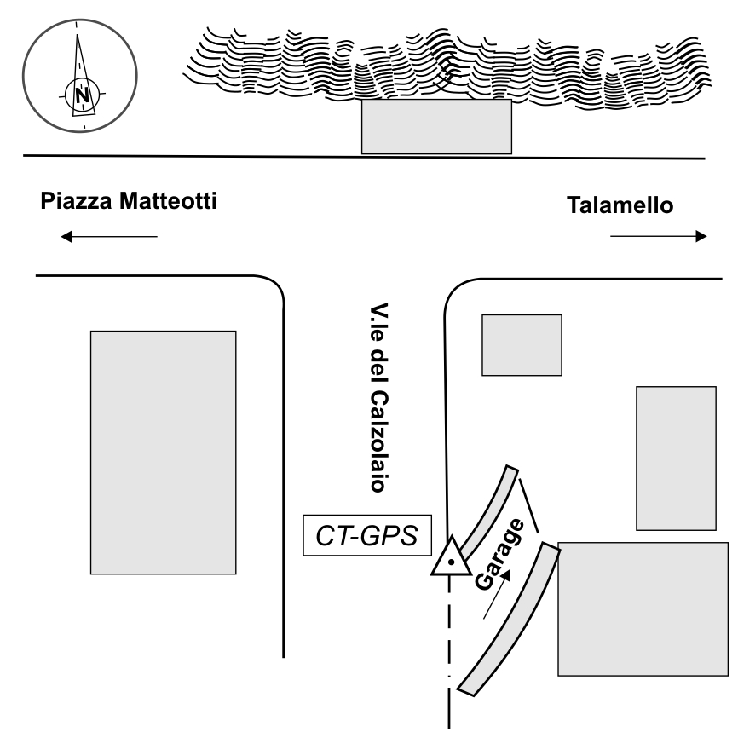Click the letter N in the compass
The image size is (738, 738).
pyautogui.click(x=83, y=95)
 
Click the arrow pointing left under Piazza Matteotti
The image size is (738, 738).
pyautogui.click(x=109, y=237)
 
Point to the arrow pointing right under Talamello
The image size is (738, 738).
pyautogui.click(x=659, y=236)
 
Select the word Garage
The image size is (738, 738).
pyautogui.click(x=500, y=558)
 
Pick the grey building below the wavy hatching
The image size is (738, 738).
pyautogui.click(x=436, y=126)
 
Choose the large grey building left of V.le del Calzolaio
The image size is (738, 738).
pyautogui.click(x=163, y=452)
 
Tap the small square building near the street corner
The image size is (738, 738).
pyautogui.click(x=522, y=344)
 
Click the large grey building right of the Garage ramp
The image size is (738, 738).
pyautogui.click(x=643, y=608)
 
